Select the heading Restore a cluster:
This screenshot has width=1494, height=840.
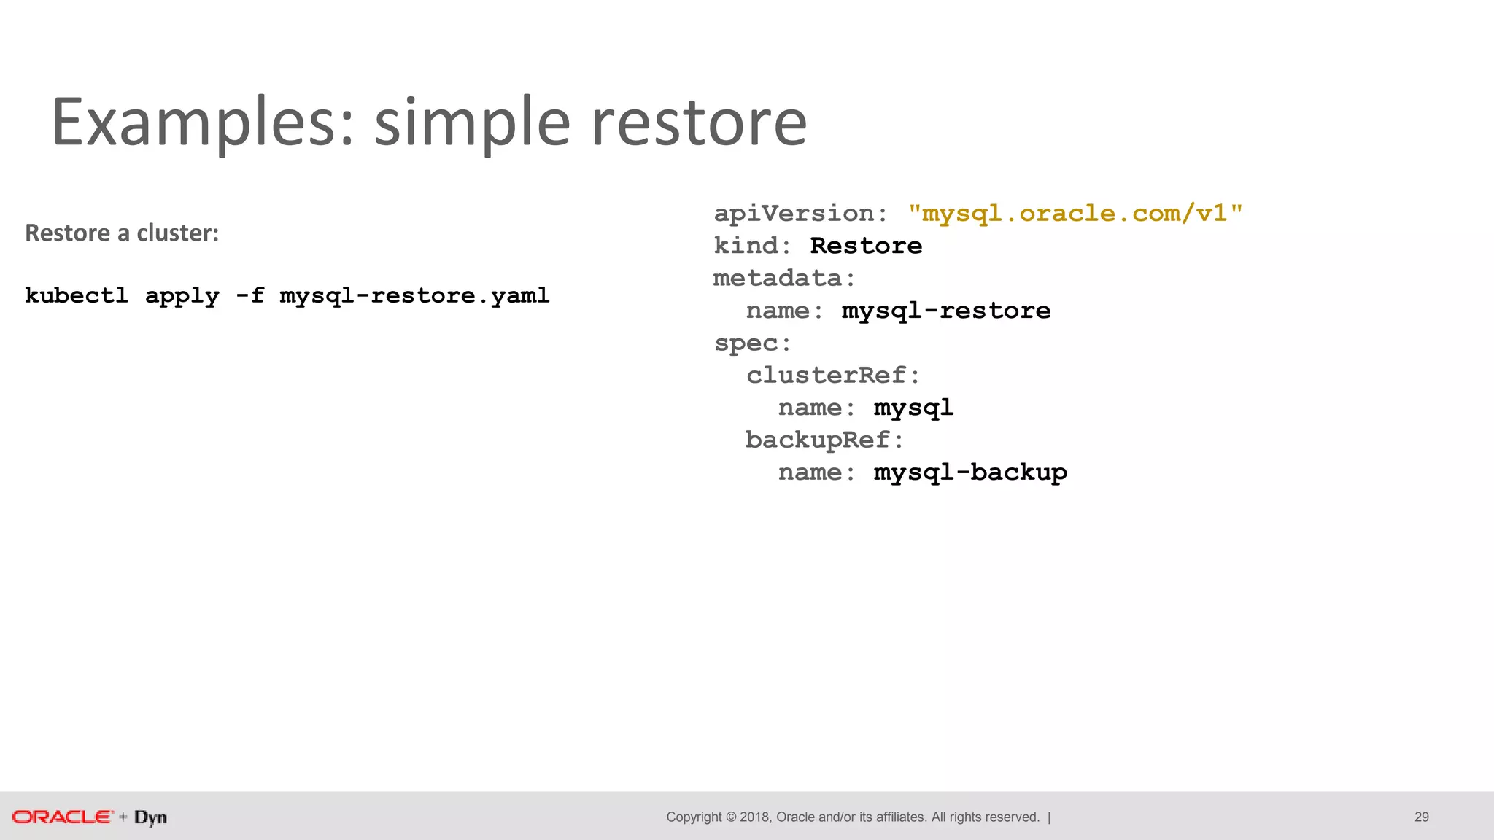[122, 233]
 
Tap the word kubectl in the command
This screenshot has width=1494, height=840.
[77, 295]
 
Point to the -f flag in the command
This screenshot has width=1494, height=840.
[249, 295]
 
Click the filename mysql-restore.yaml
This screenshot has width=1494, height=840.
[414, 295]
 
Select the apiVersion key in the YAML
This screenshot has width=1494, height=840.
[793, 213]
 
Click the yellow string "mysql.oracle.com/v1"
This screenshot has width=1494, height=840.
[1075, 213]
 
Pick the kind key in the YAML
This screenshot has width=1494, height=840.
[746, 246]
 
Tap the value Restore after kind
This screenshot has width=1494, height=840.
[866, 246]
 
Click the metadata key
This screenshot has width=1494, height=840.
[778, 278]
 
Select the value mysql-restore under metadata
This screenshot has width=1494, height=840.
[946, 311]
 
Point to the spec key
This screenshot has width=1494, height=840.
[746, 343]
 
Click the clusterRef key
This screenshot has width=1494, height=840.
[826, 375]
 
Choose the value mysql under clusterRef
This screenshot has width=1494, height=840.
[913, 408]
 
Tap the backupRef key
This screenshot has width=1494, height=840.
[818, 440]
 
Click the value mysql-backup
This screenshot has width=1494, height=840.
[970, 472]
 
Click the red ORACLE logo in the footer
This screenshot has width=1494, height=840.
[63, 817]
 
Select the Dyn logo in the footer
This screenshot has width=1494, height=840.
[151, 817]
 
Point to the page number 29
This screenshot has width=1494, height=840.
[1421, 817]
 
